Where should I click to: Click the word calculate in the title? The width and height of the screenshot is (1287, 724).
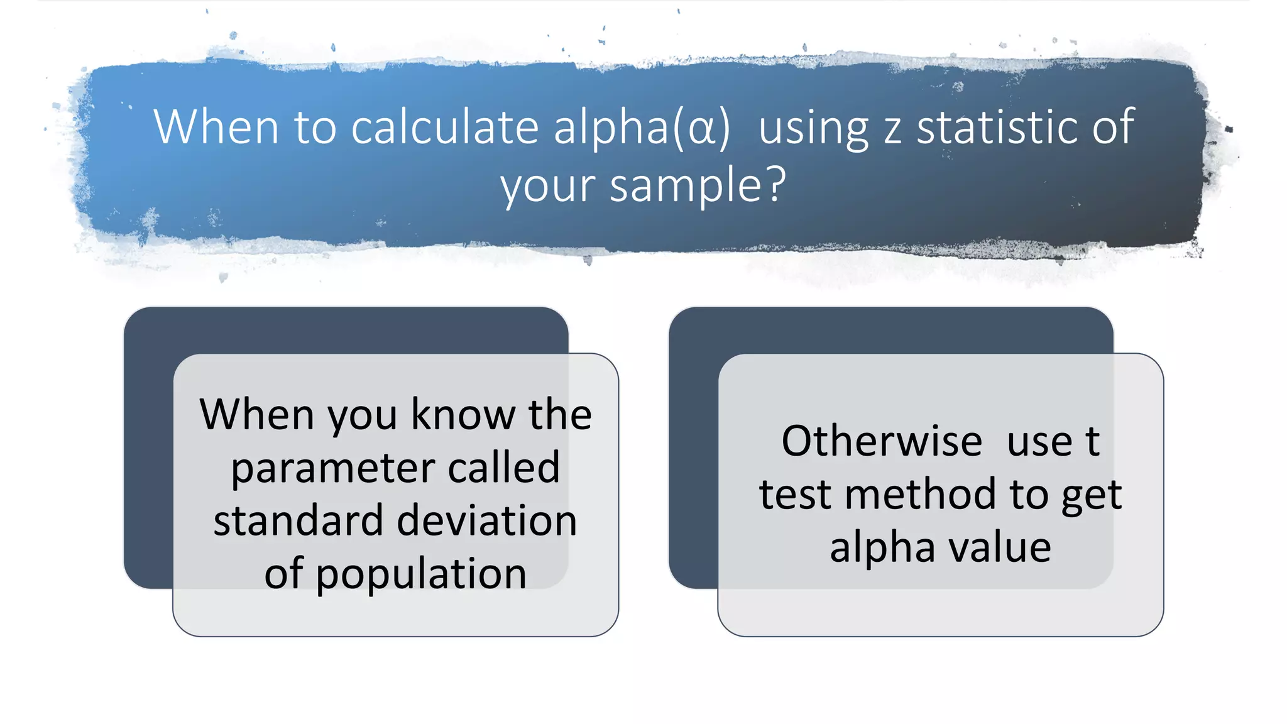pyautogui.click(x=444, y=127)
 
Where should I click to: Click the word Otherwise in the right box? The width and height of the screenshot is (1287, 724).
pyautogui.click(x=882, y=441)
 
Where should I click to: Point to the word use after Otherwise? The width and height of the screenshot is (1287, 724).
pyautogui.click(x=1039, y=442)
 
